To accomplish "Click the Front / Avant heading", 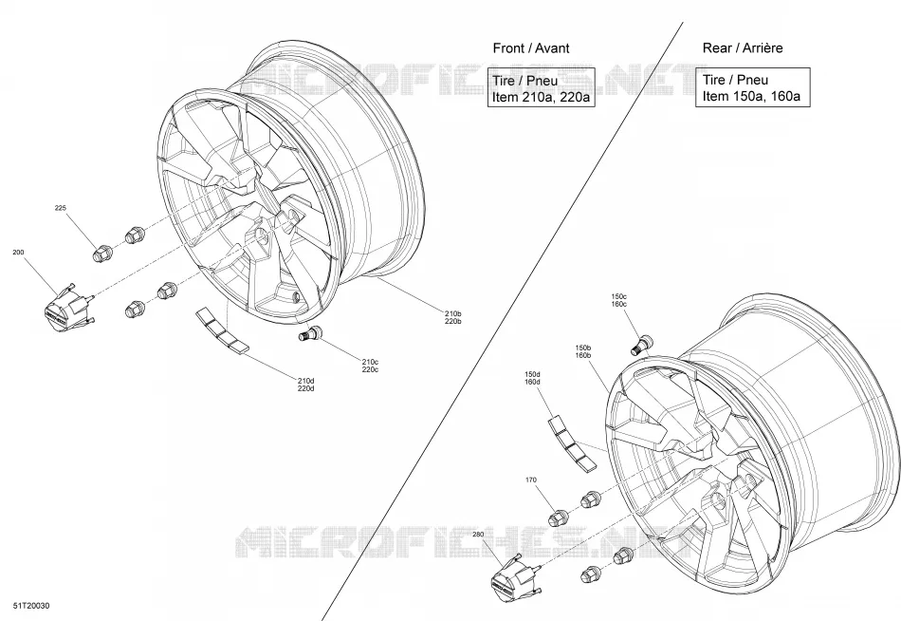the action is (531, 47).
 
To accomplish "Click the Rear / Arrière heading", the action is (743, 47).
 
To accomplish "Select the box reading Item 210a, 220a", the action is (539, 87).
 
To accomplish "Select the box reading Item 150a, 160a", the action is (753, 87).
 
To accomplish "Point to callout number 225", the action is (61, 208).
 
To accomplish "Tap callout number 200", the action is (18, 252).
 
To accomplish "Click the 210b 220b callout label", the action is (452, 318).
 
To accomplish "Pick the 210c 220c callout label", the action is (370, 366).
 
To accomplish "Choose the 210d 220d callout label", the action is (305, 385).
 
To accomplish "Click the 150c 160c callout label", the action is (619, 300).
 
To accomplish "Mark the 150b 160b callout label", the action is (583, 351).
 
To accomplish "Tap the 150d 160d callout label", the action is (532, 378).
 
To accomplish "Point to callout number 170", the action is (531, 480).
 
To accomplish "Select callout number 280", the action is (479, 534).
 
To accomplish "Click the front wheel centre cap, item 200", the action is (67, 308).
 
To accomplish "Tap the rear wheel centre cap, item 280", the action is (515, 579).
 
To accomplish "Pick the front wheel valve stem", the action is (311, 333).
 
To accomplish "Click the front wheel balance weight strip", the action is (222, 329).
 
